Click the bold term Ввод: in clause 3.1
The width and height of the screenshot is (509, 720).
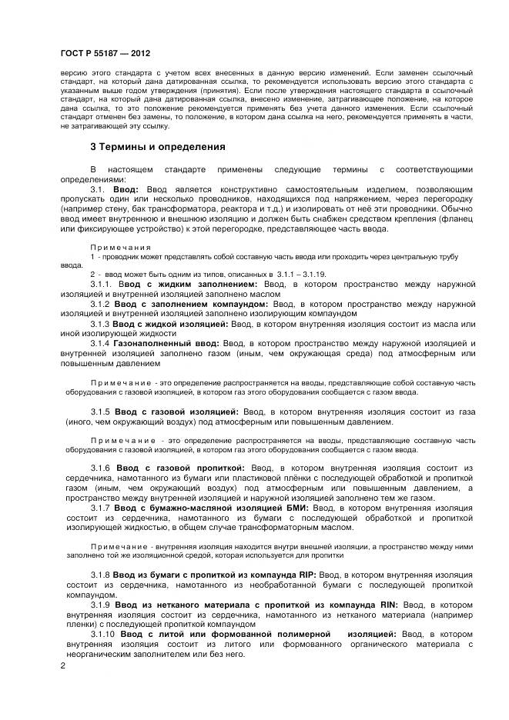click(x=126, y=188)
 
